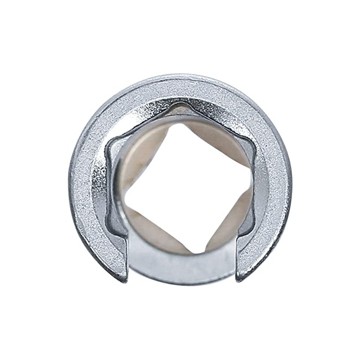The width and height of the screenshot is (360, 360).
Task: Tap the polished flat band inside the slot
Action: [182, 265]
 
